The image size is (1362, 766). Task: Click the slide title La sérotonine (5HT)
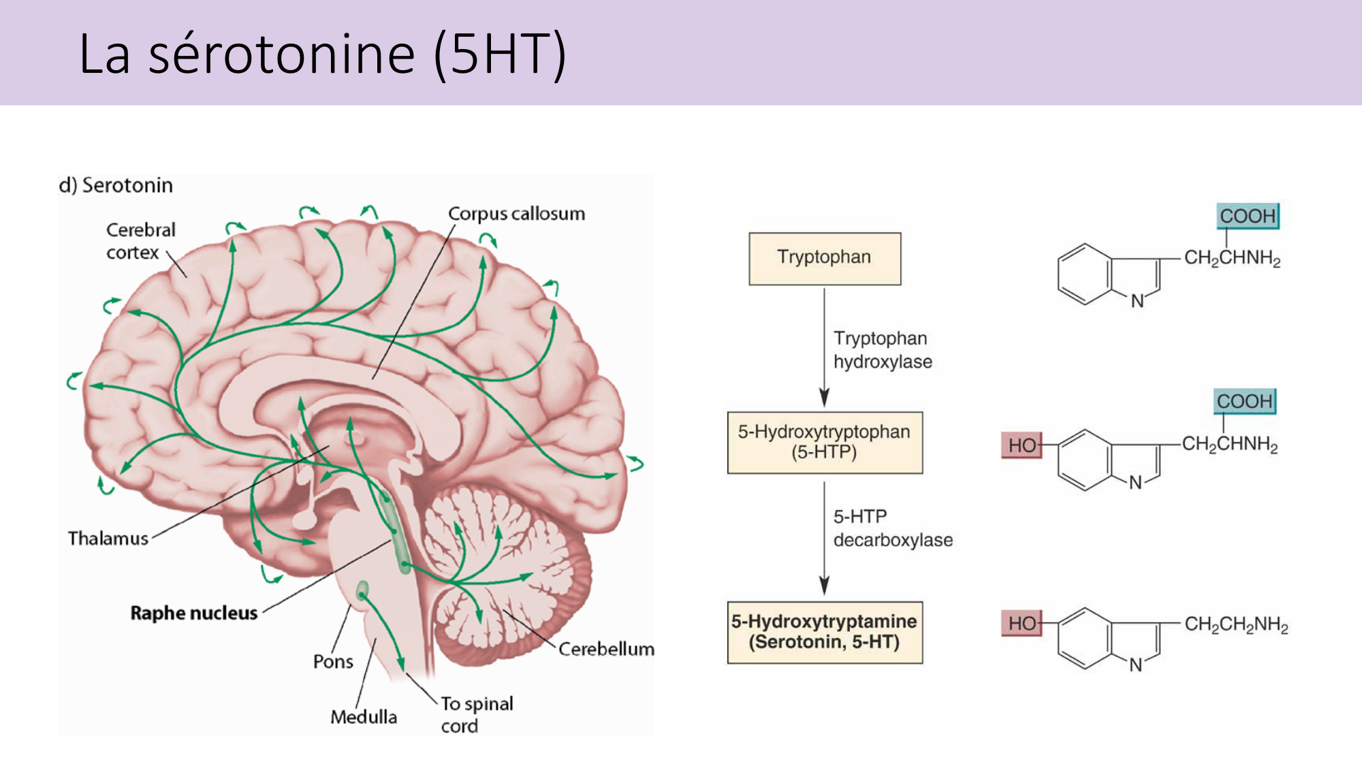click(x=322, y=54)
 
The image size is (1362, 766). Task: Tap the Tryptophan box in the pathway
click(x=824, y=258)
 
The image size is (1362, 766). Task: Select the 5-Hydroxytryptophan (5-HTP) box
click(x=824, y=442)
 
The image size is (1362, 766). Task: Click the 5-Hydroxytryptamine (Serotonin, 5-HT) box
click(x=824, y=632)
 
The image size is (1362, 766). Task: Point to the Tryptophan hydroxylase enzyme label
click(x=882, y=350)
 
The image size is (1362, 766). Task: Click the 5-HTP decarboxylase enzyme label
click(x=892, y=528)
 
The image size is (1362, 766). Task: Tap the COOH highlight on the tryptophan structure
click(x=1247, y=216)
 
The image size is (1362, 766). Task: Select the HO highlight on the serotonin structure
click(x=1022, y=623)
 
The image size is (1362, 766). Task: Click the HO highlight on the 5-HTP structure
click(x=1022, y=445)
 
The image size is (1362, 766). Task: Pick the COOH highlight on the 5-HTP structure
click(x=1244, y=401)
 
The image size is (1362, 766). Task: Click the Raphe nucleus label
click(x=194, y=613)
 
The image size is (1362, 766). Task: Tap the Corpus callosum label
click(x=516, y=214)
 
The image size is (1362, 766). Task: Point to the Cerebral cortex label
click(x=140, y=241)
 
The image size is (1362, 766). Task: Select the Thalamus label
click(x=108, y=539)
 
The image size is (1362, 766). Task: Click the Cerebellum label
click(x=606, y=649)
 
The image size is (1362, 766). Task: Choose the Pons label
click(x=333, y=661)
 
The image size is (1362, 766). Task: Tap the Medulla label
click(x=364, y=717)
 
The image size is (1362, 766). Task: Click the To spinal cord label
click(x=476, y=714)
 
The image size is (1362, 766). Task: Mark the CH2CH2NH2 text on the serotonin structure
click(x=1236, y=624)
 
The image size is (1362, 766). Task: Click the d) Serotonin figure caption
click(x=116, y=185)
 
